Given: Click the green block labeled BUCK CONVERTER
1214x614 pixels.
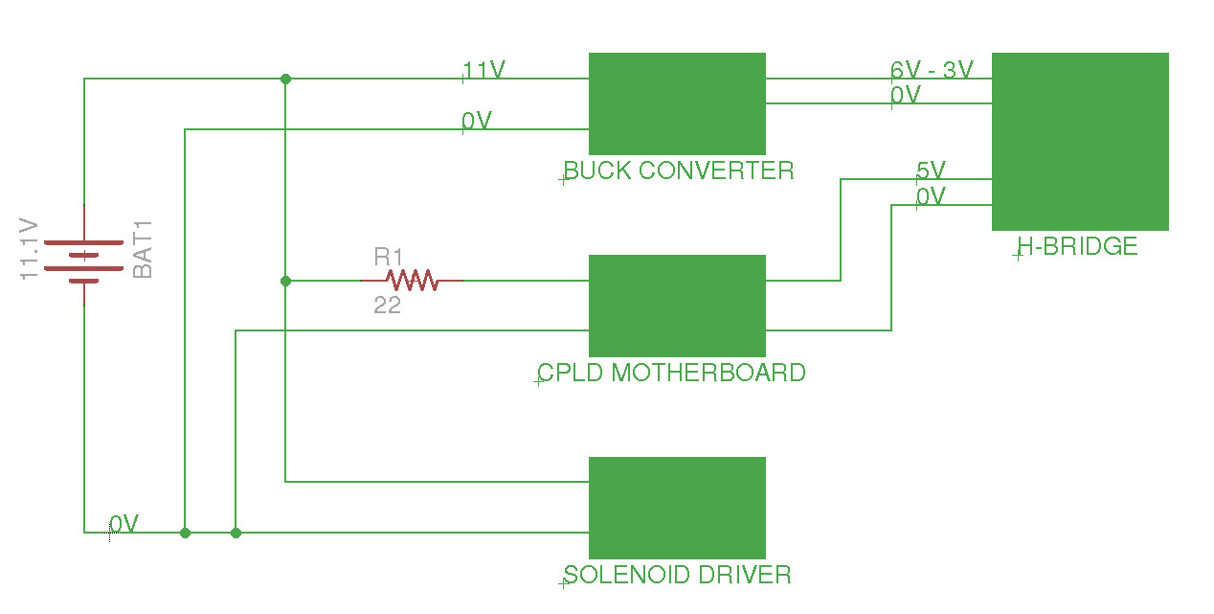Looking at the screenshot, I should (677, 103).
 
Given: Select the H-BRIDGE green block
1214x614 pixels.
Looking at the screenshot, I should (1080, 141).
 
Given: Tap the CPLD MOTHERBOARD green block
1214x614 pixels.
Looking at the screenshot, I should (677, 306).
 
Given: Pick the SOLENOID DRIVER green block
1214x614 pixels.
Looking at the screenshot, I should (677, 508).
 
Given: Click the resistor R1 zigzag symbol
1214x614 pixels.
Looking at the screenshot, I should (412, 281).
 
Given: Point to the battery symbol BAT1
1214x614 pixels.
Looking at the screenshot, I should (84, 255).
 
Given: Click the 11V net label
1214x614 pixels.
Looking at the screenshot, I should (483, 70).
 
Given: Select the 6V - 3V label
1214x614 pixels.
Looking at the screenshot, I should (932, 70).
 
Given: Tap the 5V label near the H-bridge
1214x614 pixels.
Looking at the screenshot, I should (931, 171).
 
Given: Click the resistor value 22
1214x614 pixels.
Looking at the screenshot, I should (387, 307).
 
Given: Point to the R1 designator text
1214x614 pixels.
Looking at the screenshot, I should (388, 258).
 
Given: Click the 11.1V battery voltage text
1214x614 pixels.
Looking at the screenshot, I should (29, 250).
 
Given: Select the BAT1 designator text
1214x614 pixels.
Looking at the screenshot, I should (143, 250).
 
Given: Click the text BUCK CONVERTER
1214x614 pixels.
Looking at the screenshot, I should (679, 171).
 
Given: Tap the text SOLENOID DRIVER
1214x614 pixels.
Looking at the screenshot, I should (678, 575).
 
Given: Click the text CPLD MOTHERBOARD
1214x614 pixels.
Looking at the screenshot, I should (671, 373).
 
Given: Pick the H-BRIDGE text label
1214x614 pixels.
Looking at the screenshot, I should (1077, 247).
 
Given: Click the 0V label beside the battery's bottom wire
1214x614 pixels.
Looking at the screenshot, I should (124, 524).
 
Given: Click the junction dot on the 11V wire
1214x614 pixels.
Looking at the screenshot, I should (285, 79).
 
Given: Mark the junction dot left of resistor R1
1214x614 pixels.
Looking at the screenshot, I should (285, 281).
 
